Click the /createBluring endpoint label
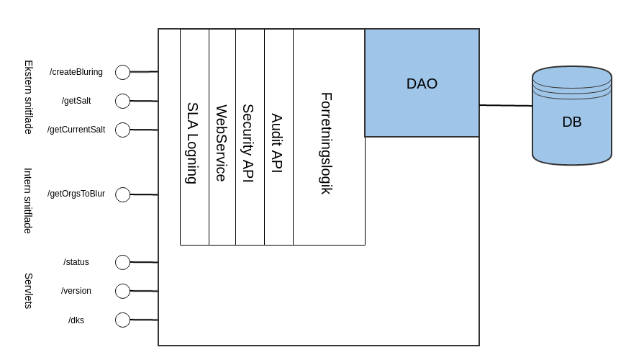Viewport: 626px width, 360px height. [x=76, y=72]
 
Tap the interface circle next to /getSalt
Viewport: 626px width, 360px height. [x=122, y=101]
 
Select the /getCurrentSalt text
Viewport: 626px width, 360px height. [x=76, y=130]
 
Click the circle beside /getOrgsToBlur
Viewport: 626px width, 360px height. [x=122, y=194]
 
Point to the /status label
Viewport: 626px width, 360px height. [x=76, y=262]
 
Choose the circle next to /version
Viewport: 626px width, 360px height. [x=122, y=291]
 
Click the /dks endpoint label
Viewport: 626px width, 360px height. [x=76, y=320]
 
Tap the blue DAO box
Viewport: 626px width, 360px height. [x=422, y=84]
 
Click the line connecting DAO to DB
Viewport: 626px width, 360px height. [x=506, y=106]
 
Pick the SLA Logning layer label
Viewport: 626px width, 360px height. [x=192, y=143]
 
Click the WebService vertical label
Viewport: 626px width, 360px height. [x=222, y=143]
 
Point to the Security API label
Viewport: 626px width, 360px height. [x=248, y=143]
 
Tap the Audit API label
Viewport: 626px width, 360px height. [x=277, y=143]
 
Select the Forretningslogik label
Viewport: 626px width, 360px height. [x=327, y=143]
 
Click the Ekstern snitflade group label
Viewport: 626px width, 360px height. [x=29, y=96]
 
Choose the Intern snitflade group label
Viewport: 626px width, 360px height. [x=29, y=200]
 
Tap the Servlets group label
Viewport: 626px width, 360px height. [x=29, y=291]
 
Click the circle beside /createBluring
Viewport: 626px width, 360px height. [x=122, y=72]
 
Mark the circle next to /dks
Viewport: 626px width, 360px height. [x=122, y=320]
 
